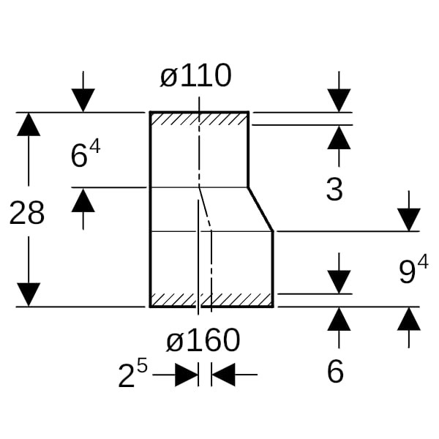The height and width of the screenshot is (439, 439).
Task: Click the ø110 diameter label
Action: point(195,75)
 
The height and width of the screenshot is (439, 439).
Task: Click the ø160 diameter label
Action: point(203,340)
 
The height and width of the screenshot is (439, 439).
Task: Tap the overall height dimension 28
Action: point(27,213)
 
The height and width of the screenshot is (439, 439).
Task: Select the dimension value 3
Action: point(334,190)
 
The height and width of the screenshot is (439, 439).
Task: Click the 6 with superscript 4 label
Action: point(86,154)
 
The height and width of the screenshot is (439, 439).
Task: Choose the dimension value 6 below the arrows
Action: point(335,372)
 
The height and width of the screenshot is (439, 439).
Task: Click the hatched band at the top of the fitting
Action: point(199,119)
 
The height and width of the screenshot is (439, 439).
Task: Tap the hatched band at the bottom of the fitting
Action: point(211,299)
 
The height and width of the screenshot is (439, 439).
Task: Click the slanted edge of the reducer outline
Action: point(260,209)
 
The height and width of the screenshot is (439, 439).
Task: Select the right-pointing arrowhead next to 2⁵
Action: point(187,375)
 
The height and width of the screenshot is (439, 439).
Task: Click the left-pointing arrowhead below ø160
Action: point(223,375)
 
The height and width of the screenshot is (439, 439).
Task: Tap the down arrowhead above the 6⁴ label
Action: point(83,100)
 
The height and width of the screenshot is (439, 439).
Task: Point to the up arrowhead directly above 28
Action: point(29,124)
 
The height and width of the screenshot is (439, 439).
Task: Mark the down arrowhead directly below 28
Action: point(29,295)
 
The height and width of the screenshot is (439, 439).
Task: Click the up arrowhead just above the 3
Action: point(339,138)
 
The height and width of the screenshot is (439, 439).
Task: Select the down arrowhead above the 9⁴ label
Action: point(409,219)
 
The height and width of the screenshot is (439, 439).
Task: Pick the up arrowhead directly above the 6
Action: point(339,319)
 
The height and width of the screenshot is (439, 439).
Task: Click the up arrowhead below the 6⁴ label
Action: point(83,200)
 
